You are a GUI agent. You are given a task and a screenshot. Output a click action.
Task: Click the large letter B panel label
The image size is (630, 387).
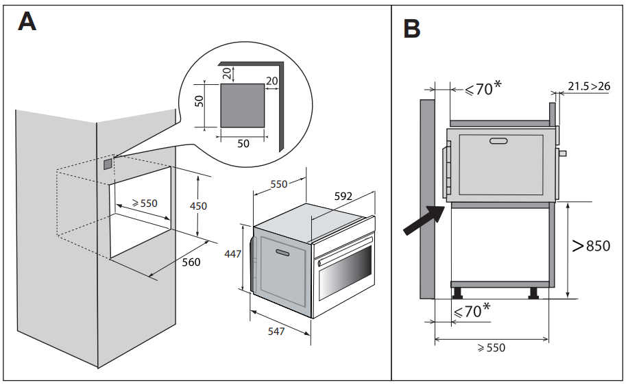pyautogui.click(x=411, y=28)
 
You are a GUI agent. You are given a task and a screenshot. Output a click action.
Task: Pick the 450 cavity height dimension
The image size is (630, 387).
pyautogui.click(x=198, y=205)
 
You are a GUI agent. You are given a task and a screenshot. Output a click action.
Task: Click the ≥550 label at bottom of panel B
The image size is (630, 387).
pyautogui.click(x=491, y=348)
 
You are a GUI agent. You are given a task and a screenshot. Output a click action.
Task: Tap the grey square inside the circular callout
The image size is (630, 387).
pyautogui.click(x=243, y=105)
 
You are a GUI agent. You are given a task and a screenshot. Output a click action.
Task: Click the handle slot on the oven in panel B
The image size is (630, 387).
pyautogui.click(x=498, y=141)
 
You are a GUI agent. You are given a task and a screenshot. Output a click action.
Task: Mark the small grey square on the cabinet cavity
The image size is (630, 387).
pyautogui.click(x=108, y=164)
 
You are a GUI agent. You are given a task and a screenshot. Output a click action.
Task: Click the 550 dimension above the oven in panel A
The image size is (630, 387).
pyautogui.click(x=278, y=184)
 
